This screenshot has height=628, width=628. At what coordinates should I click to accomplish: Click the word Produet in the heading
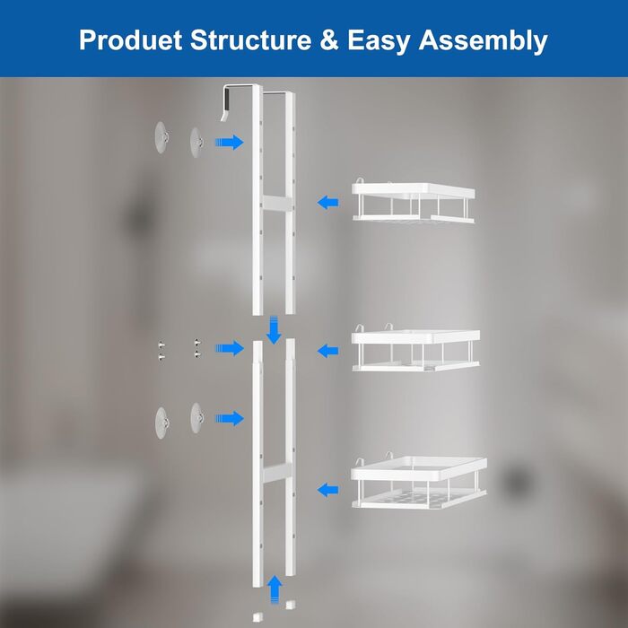(131, 40)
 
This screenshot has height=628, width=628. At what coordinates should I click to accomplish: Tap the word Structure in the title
(250, 40)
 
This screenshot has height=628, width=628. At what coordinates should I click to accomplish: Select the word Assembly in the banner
(483, 41)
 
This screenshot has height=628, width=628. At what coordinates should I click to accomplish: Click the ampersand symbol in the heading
(329, 40)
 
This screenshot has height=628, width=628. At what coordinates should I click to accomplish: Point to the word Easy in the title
(379, 41)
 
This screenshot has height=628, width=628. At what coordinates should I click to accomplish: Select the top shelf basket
(414, 201)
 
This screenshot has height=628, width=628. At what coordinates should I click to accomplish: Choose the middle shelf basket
(415, 348)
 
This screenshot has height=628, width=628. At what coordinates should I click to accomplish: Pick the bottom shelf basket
(419, 482)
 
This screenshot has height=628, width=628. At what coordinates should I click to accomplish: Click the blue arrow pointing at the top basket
(327, 202)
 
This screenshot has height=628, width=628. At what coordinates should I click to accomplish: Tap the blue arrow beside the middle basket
(327, 352)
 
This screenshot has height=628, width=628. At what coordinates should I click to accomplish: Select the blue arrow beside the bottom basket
(327, 490)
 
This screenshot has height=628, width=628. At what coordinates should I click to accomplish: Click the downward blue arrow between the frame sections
(274, 330)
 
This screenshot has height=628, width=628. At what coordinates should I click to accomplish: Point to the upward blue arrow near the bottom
(275, 589)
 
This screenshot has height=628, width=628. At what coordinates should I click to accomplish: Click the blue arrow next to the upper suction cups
(230, 142)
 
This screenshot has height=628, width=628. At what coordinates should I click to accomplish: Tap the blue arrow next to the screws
(230, 348)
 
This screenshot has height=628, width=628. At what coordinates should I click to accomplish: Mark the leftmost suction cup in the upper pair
(161, 137)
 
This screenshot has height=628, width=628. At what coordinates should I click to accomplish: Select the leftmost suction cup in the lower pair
(161, 423)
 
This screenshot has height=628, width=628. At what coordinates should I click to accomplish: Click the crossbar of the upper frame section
(276, 203)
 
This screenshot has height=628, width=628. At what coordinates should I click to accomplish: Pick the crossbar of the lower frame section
(276, 473)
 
